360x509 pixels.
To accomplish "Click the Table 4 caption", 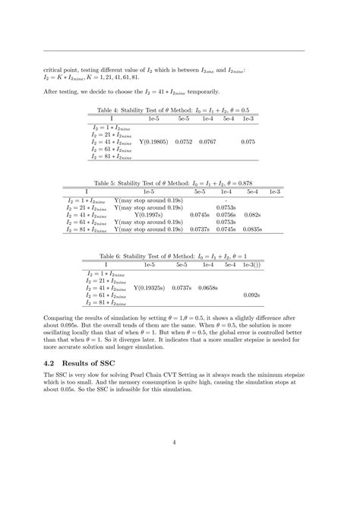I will click(x=180, y=111).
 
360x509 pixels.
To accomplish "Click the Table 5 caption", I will click(x=180, y=183).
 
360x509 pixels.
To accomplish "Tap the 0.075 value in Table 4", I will click(x=248, y=141).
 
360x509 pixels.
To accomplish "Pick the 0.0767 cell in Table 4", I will click(x=207, y=141).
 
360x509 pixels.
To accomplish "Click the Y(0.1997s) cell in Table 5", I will click(x=149, y=214).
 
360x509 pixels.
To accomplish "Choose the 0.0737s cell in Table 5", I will click(x=199, y=229).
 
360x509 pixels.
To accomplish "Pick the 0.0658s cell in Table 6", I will click(x=208, y=288).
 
